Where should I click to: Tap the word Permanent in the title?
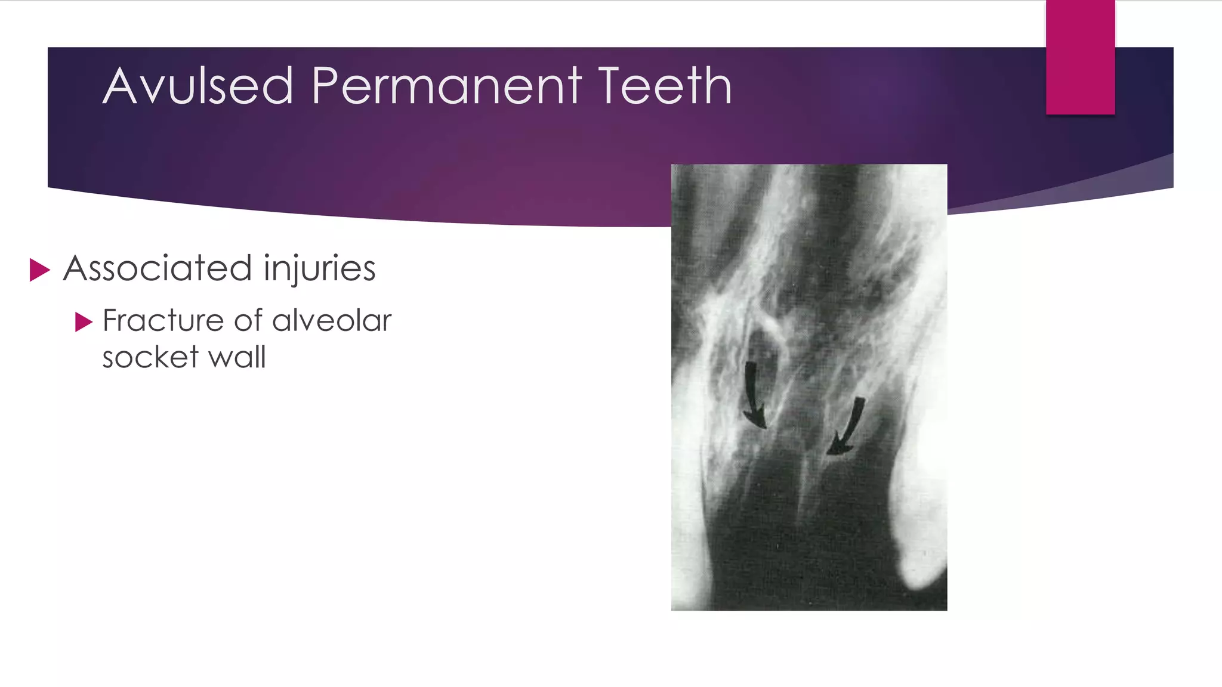pos(446,86)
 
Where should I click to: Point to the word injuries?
pos(319,270)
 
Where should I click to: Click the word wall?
pos(237,357)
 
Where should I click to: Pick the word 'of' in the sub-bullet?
pos(248,321)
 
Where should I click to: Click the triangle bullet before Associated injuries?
pos(39,270)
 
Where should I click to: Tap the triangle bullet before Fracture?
pos(84,323)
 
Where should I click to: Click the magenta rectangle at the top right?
pos(1080,57)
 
